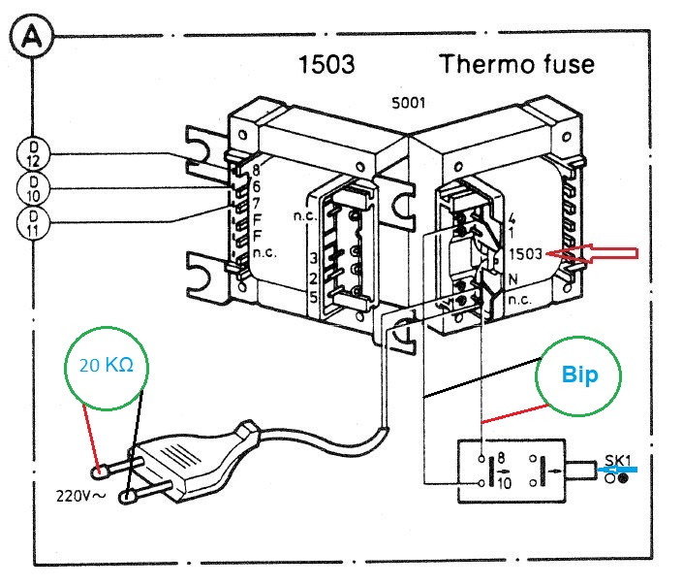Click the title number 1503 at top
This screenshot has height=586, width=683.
tap(326, 64)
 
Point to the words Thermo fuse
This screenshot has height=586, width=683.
tap(516, 64)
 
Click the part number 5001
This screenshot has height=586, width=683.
tap(408, 103)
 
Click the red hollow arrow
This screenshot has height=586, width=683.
tap(592, 253)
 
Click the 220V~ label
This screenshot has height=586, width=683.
tap(80, 496)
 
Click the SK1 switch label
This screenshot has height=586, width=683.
tap(617, 460)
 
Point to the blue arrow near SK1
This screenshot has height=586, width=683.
tap(617, 470)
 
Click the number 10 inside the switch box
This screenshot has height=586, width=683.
tap(504, 483)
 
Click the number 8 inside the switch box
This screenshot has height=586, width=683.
tap(501, 457)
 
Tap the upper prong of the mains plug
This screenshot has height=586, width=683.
tap(116, 467)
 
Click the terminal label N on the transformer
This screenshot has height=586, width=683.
tap(512, 279)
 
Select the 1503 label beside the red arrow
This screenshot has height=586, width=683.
tap(525, 254)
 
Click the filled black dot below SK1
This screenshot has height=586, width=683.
tap(623, 478)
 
